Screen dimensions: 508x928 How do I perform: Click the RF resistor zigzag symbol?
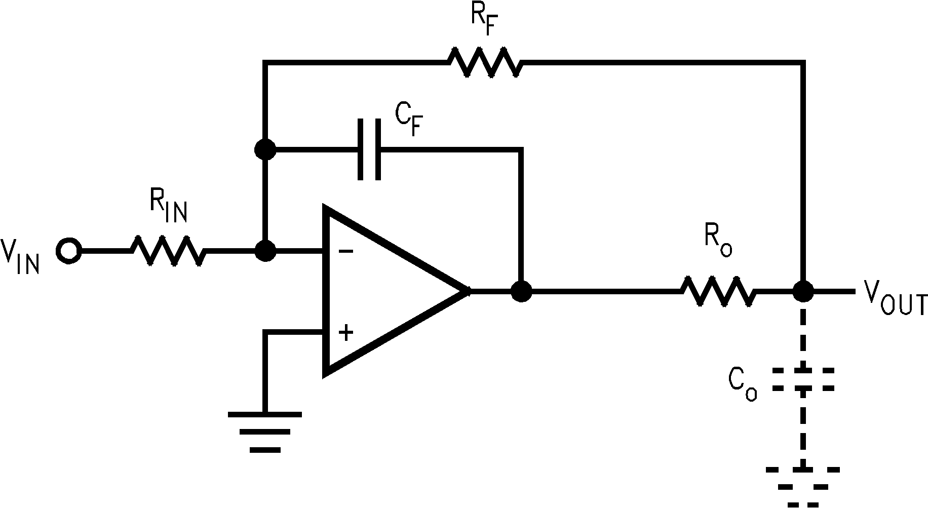pos(484,62)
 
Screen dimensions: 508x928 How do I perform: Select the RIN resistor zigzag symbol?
pos(169,250)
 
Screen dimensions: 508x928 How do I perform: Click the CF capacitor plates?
pos(369,149)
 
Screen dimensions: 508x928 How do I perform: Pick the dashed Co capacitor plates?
pos(803,379)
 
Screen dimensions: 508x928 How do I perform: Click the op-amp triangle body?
pos(385,291)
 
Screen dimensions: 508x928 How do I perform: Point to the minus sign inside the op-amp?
pos(346,252)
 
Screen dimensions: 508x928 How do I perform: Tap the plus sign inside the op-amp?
pos(346,333)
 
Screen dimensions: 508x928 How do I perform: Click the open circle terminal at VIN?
pos(68,250)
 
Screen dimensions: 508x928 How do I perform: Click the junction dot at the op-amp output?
pos(521,291)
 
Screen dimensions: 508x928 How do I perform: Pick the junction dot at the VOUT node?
pos(802,291)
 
